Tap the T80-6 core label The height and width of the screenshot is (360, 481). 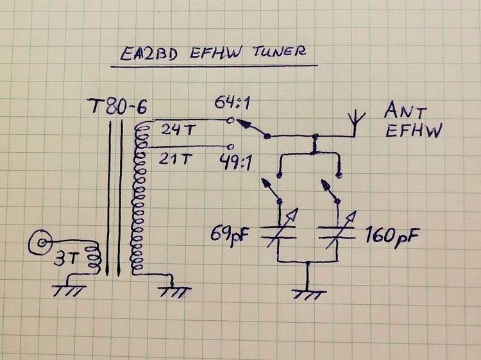[117, 107]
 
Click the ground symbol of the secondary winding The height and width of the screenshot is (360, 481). [174, 291]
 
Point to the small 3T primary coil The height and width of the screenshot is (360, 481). [94, 257]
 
